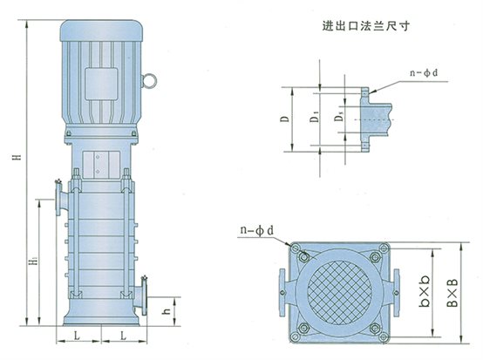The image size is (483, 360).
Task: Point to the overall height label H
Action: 17,156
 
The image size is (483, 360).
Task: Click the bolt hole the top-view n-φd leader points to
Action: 303,255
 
